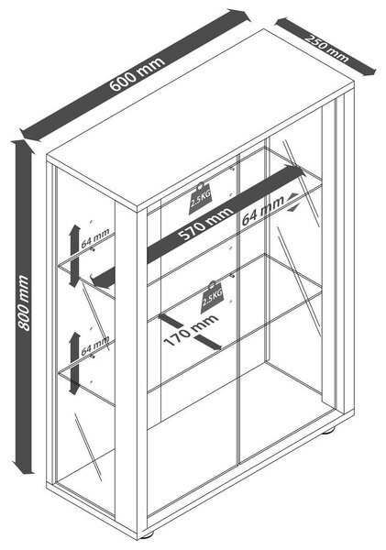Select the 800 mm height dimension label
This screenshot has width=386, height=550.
tap(24, 302)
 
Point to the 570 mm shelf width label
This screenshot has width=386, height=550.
tap(205, 224)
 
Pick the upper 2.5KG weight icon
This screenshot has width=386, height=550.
tap(200, 199)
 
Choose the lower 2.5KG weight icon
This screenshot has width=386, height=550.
tap(212, 296)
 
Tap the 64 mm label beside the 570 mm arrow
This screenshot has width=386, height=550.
tap(262, 211)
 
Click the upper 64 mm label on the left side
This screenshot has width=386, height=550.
tap(95, 238)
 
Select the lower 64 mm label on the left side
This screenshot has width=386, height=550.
tap(95, 346)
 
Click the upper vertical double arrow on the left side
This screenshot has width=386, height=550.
tap(74, 256)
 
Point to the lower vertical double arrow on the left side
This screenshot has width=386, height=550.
tap(74, 363)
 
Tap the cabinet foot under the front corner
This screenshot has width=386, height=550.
tap(148, 535)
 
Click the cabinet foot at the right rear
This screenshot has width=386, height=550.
tap(328, 431)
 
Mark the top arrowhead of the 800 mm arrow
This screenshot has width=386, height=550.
tap(24, 147)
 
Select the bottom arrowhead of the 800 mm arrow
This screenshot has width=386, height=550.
tap(24, 467)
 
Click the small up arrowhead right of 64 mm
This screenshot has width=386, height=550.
tap(292, 197)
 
